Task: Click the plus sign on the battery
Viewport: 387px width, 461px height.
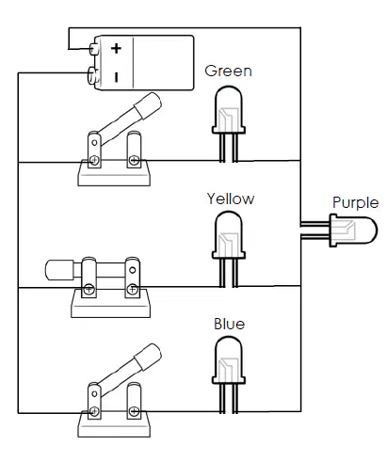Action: pos(116,48)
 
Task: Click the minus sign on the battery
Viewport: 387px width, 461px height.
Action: pos(117,77)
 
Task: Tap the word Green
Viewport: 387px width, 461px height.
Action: pos(228,71)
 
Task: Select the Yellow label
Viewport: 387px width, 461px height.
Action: pos(231,199)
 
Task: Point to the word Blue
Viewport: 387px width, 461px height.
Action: pos(229,324)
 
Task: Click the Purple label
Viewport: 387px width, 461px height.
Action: pos(355,202)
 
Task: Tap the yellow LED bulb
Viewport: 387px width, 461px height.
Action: pos(229,235)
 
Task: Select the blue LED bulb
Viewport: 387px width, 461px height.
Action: pos(229,360)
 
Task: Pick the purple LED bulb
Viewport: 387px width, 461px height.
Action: pos(353,230)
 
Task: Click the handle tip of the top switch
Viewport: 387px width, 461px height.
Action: pos(148,105)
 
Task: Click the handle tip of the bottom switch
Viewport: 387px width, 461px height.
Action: pos(148,357)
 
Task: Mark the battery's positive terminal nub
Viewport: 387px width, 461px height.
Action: pos(93,49)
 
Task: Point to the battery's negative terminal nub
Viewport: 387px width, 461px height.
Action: pos(91,75)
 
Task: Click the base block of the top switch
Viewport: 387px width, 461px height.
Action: pos(114,173)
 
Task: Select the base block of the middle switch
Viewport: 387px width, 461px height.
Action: pos(110,304)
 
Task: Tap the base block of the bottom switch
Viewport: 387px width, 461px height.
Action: pos(114,424)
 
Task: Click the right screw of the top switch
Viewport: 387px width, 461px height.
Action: pos(134,161)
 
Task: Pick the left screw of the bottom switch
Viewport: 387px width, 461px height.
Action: pos(94,411)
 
